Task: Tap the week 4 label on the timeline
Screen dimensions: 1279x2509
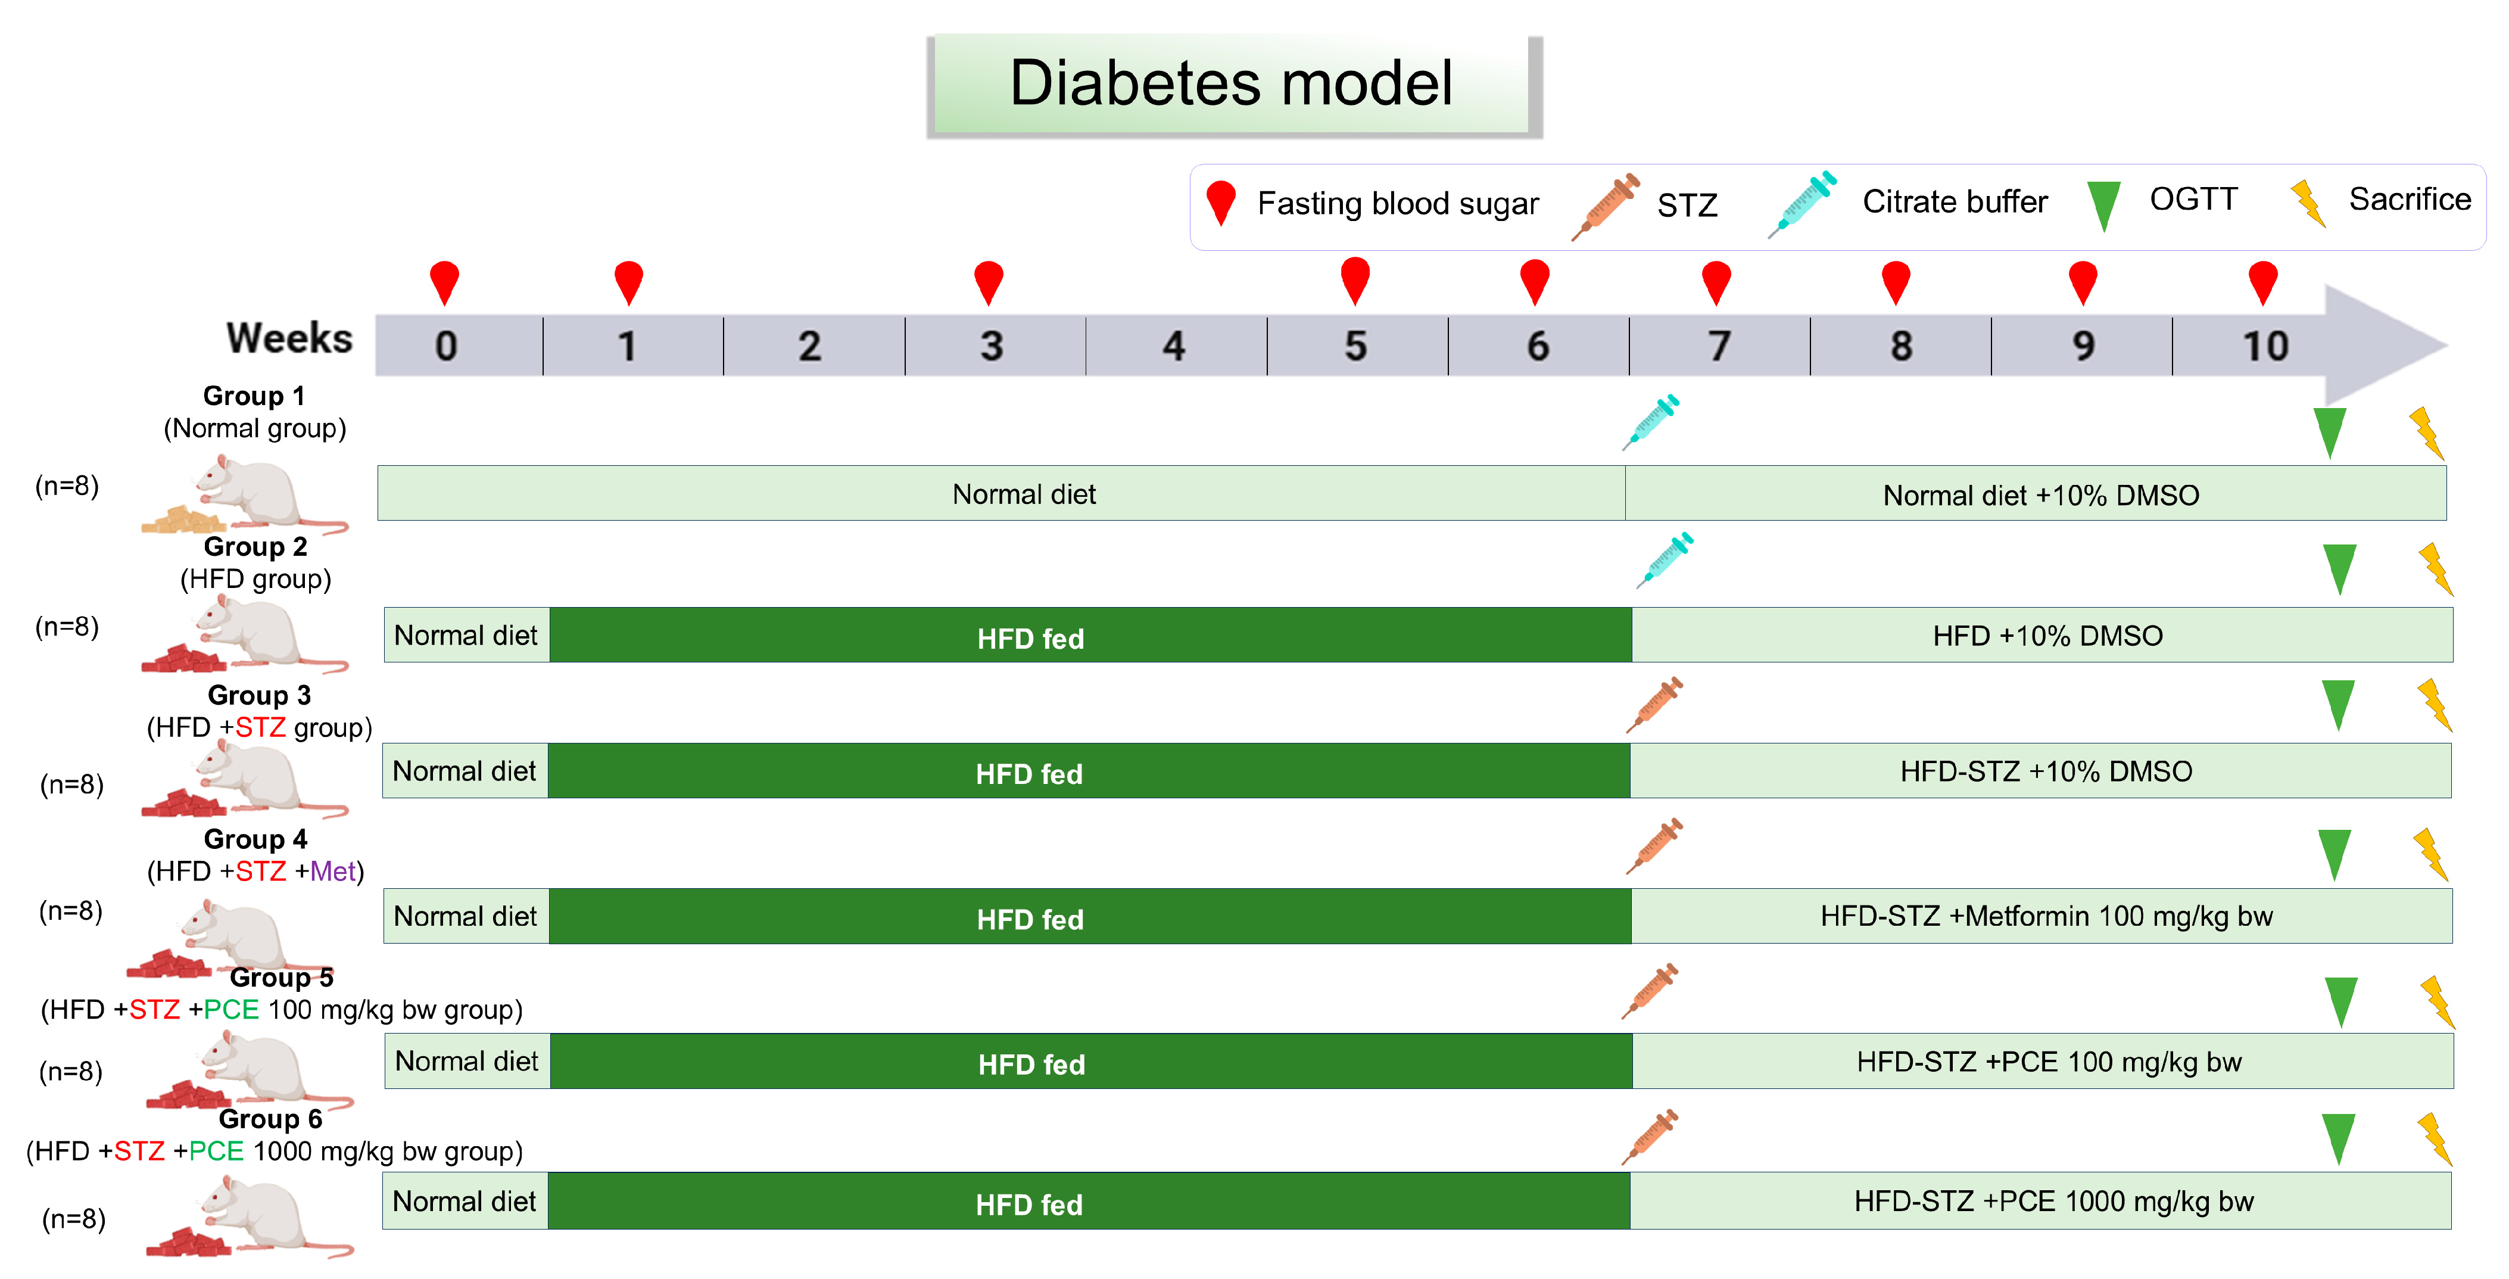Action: click(1174, 346)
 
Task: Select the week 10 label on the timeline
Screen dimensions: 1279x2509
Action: click(2264, 346)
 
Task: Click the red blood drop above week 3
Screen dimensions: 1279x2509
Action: click(989, 282)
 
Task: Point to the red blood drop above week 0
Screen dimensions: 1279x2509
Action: click(444, 282)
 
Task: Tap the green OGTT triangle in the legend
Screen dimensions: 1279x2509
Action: click(2104, 204)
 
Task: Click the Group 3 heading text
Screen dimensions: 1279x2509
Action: click(259, 696)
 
